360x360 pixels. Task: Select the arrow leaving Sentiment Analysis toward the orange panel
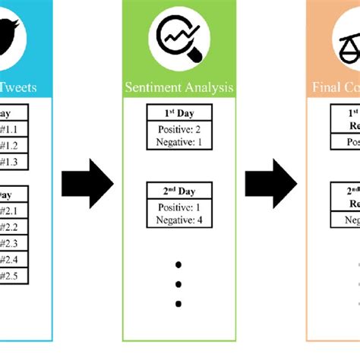tap(270, 183)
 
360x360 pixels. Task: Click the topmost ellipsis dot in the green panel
tap(180, 266)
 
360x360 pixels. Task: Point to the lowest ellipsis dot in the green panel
tap(180, 305)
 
